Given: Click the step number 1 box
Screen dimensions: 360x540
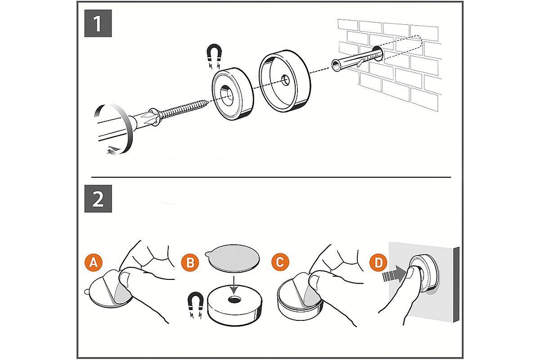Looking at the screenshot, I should point(98,23).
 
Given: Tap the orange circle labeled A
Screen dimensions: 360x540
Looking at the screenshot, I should point(93,262).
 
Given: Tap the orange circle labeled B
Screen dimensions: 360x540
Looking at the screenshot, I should point(190,262).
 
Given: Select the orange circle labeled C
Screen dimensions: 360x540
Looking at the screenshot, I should point(279,262).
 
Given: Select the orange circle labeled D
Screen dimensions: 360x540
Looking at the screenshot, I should point(378,262).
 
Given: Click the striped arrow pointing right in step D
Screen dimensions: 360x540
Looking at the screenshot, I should point(391,274).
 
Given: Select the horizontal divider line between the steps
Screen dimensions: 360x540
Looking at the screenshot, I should point(270,177).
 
